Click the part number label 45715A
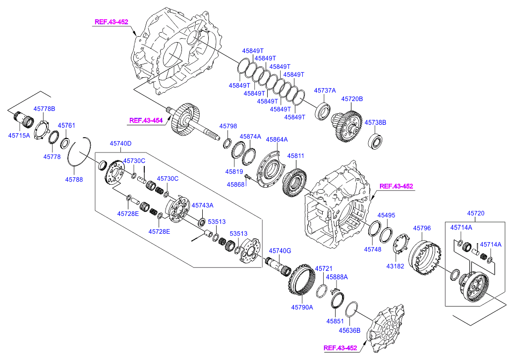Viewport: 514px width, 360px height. [19, 135]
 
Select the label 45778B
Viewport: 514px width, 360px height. [44, 108]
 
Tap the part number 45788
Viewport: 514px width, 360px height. [74, 179]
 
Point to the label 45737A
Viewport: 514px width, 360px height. [325, 91]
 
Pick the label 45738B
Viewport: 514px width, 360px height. [375, 122]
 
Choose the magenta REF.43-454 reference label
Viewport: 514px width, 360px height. [146, 120]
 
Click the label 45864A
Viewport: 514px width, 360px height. [277, 140]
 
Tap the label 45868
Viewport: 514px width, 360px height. [235, 184]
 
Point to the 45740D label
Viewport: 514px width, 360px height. [120, 144]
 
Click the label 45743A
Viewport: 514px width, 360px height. [202, 205]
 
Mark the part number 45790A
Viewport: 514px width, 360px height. [302, 307]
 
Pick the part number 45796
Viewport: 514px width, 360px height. [422, 228]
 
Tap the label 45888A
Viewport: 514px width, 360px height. [337, 277]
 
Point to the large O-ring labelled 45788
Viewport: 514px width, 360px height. [79, 154]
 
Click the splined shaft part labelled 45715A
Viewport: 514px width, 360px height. [23, 119]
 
